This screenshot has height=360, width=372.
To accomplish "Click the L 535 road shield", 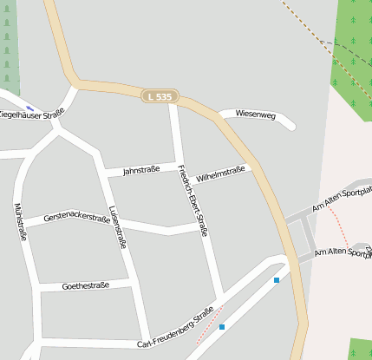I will pos(160,96).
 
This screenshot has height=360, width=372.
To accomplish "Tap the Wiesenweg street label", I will pos(255,115).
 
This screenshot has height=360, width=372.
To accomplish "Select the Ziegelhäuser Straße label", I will pos(31,112).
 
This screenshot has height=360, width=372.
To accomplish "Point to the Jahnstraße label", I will pos(141,170).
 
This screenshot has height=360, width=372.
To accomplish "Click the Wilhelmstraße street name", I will pos(221,174).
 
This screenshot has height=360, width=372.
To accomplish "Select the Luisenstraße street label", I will pos(119,227).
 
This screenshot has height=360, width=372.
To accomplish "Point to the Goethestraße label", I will pos(86,285).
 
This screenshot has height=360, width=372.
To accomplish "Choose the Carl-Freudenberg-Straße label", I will pos(175,327).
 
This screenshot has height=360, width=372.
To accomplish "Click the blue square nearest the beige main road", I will pos(277,280).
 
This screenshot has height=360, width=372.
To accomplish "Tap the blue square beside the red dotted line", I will pos(222,327).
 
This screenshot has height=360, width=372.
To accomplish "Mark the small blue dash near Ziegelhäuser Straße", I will pos(30,108).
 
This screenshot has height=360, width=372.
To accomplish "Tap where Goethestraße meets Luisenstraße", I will pos(131,283).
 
